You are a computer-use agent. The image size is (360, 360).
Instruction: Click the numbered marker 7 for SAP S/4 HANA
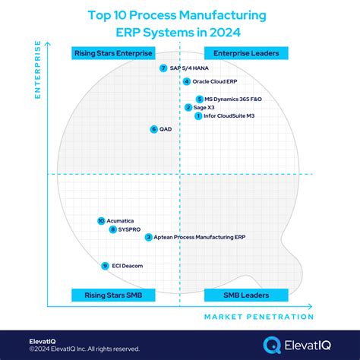click(x=163, y=68)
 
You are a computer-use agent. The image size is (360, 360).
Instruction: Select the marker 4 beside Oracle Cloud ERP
click(x=186, y=81)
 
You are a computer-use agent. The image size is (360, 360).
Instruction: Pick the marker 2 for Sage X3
click(x=188, y=108)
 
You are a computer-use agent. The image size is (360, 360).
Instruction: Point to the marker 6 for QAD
click(x=154, y=129)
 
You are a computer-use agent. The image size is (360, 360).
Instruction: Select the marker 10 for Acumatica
click(x=101, y=221)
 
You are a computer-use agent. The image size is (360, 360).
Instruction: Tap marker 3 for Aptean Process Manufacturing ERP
click(x=148, y=238)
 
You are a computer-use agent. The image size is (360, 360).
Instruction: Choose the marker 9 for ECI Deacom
click(x=105, y=266)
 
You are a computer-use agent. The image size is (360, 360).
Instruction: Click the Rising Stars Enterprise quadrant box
click(x=113, y=52)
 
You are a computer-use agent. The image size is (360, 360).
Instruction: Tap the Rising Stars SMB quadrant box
click(x=113, y=295)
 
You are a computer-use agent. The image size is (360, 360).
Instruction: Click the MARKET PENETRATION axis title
click(x=258, y=317)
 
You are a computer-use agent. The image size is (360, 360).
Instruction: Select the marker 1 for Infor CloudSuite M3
click(x=198, y=116)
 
